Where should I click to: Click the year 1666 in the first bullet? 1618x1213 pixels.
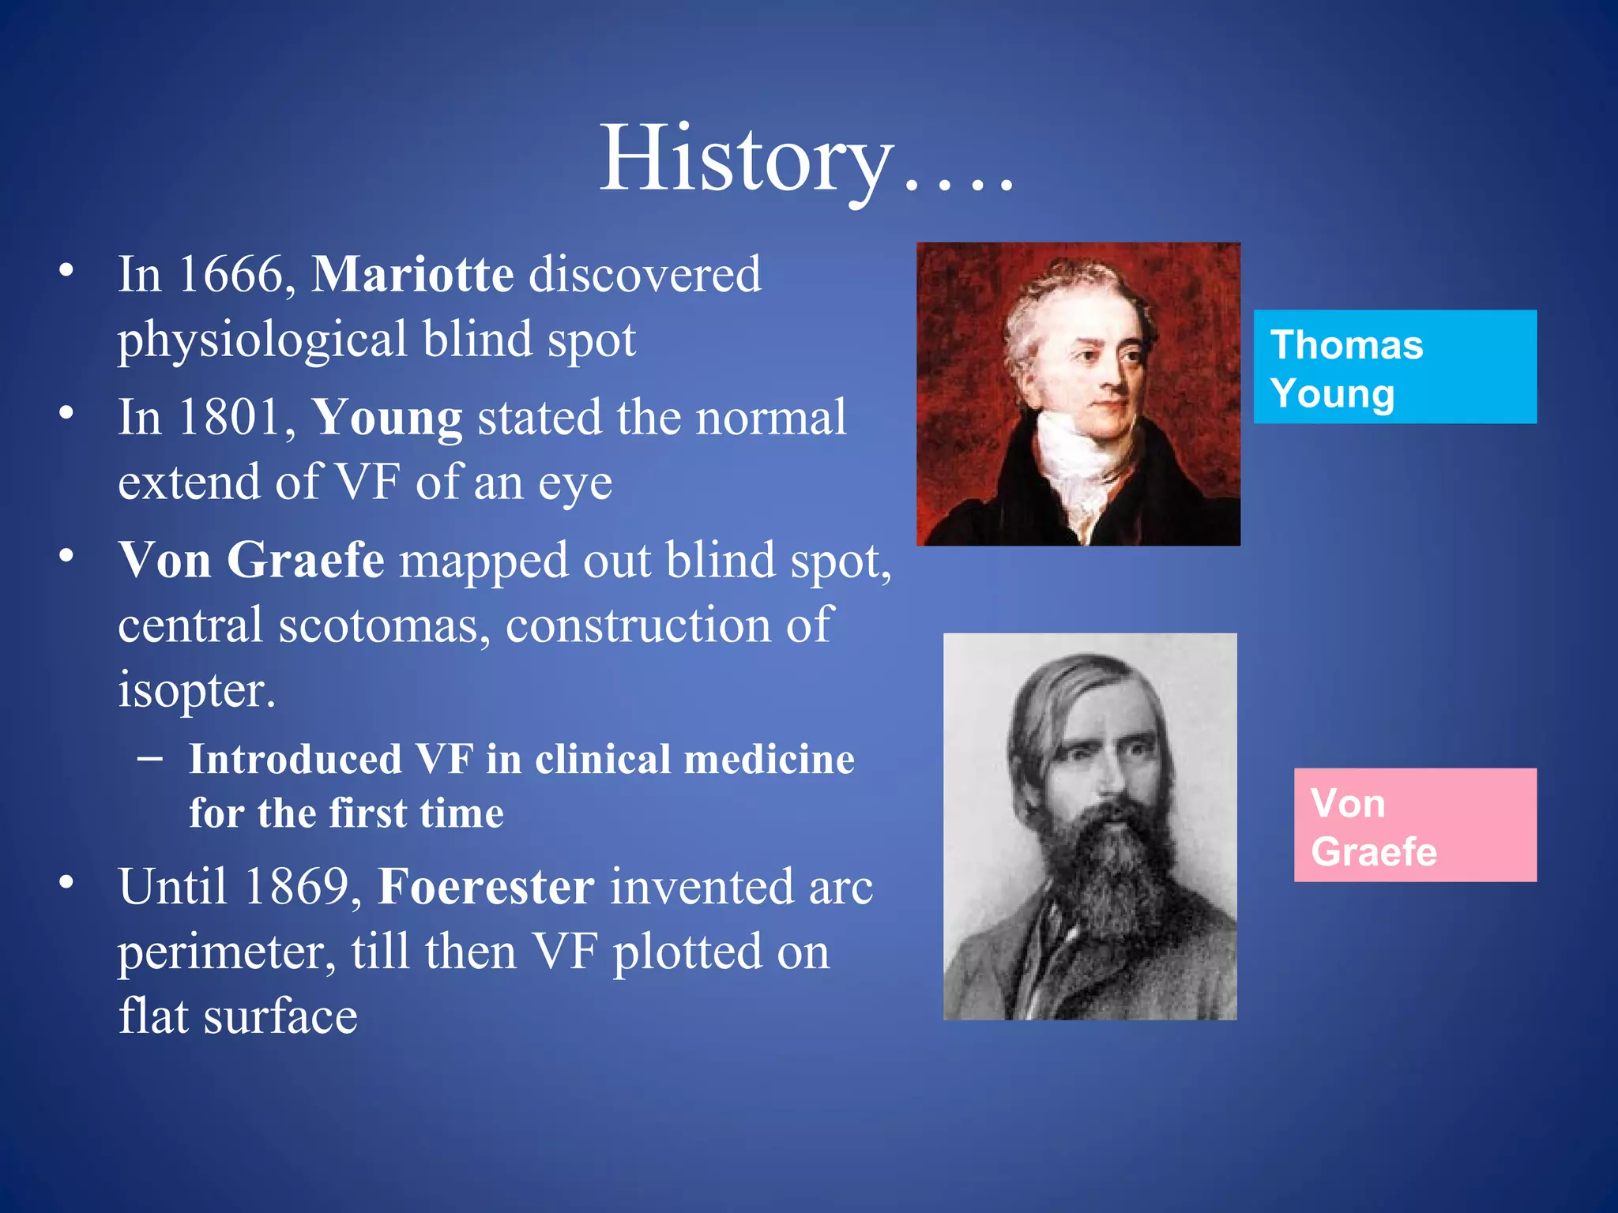tap(231, 275)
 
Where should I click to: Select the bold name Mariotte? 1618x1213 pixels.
tap(413, 275)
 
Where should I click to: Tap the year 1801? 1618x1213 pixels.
tap(231, 418)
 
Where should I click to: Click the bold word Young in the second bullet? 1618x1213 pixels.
tap(387, 418)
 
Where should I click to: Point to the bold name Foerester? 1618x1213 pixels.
tap(486, 887)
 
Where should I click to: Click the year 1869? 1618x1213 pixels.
tap(297, 887)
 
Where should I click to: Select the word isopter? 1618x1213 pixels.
tap(196, 690)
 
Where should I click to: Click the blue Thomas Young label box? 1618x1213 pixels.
tap(1394, 367)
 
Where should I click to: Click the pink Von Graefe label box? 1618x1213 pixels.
tap(1414, 825)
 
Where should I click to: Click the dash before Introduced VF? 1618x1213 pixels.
tap(149, 759)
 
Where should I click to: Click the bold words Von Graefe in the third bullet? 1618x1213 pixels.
tap(251, 561)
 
